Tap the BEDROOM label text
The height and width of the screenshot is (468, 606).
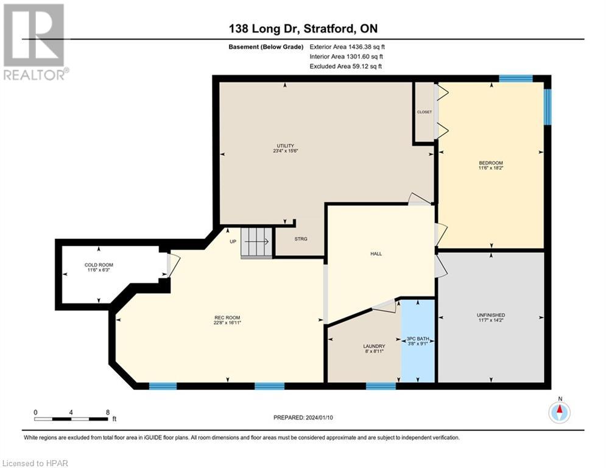pyautogui.click(x=490, y=163)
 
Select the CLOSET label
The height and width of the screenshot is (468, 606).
pyautogui.click(x=425, y=112)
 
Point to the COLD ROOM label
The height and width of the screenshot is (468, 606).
pyautogui.click(x=99, y=264)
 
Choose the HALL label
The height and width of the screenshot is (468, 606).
pyautogui.click(x=376, y=253)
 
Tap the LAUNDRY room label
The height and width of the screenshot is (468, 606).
pyautogui.click(x=374, y=346)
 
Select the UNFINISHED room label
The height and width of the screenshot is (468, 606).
pyautogui.click(x=491, y=315)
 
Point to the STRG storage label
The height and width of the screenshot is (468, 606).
pyautogui.click(x=300, y=238)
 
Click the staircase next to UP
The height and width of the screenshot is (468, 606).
pyautogui.click(x=256, y=243)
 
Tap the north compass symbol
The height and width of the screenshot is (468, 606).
pyautogui.click(x=559, y=412)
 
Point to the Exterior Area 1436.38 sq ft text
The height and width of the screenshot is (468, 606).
pyautogui.click(x=347, y=46)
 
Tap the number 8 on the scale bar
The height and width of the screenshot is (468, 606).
pyautogui.click(x=108, y=412)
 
